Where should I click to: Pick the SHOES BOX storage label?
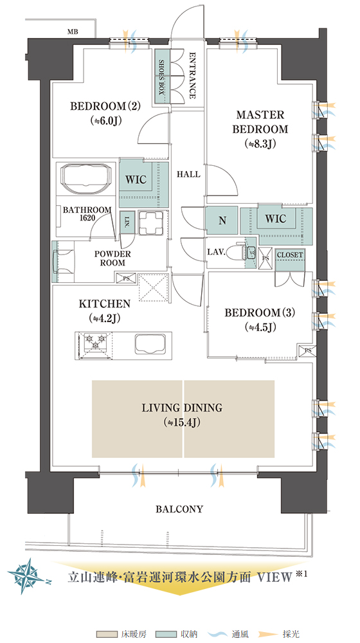point(161,77)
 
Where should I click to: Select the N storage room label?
point(222,221)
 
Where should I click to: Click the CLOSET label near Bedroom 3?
point(290,255)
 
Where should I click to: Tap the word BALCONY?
point(179,509)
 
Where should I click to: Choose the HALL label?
point(188,174)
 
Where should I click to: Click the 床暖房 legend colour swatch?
point(107,635)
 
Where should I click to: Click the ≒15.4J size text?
point(183,422)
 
